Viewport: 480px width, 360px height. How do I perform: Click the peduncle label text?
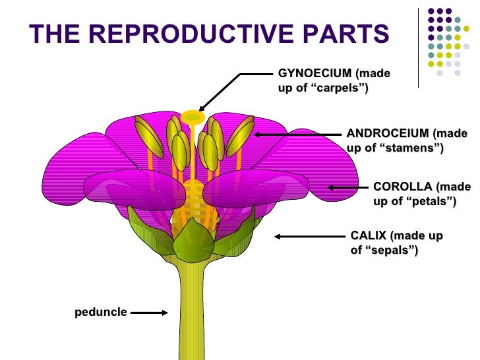click(100, 311)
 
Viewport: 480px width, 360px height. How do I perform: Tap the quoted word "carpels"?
click(332, 88)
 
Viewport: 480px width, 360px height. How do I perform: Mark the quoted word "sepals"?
click(392, 250)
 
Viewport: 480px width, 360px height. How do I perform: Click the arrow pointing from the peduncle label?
click(150, 313)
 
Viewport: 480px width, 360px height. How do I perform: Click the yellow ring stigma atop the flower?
click(193, 117)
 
